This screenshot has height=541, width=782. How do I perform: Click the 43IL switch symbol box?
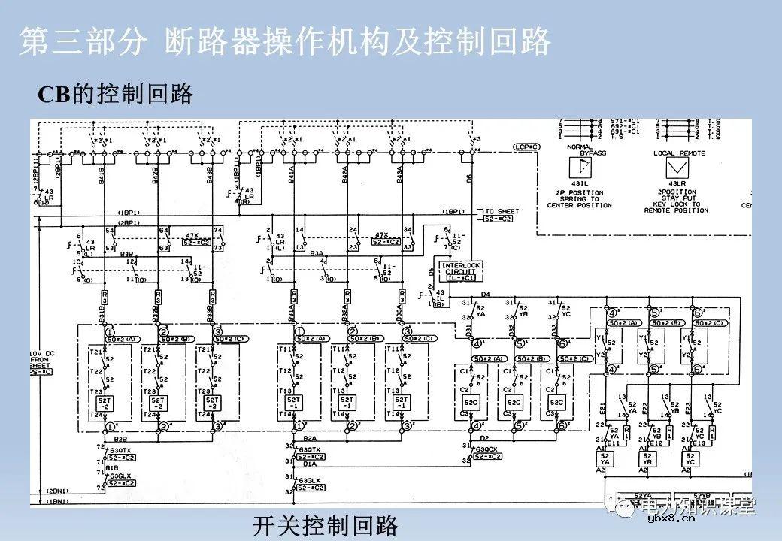[580, 169]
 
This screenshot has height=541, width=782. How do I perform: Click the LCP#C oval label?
[526, 146]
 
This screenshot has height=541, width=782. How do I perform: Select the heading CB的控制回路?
[116, 94]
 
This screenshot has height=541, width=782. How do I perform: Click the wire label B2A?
[309, 437]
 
